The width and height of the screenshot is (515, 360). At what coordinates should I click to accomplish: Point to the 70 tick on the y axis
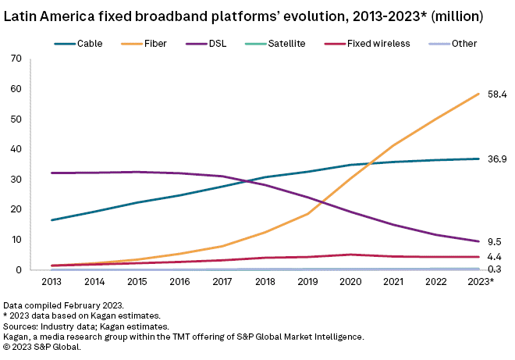pyautogui.click(x=14, y=59)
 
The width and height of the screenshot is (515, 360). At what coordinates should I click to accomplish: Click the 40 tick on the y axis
pyautogui.click(x=14, y=149)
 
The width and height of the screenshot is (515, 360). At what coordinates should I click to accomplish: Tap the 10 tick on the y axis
pyautogui.click(x=14, y=240)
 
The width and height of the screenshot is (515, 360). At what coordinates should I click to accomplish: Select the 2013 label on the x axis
pyautogui.click(x=52, y=281)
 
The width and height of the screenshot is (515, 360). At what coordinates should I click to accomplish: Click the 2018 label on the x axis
pyautogui.click(x=265, y=281)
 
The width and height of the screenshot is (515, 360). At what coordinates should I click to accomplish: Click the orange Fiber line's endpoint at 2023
pyautogui.click(x=478, y=94)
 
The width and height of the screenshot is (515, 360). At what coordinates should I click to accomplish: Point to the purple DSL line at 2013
pyautogui.click(x=52, y=173)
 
